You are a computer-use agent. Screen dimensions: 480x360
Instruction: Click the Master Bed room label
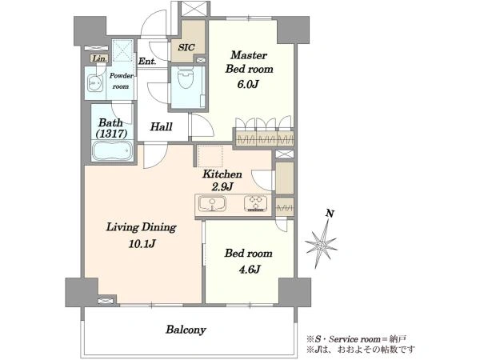click(x=249, y=62)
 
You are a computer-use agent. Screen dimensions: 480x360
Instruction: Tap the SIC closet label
click(x=186, y=47)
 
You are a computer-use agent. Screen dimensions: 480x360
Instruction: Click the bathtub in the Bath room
click(x=113, y=150)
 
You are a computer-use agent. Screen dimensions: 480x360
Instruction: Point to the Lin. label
click(x=100, y=58)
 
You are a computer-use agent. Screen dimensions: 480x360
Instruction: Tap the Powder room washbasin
click(x=94, y=82)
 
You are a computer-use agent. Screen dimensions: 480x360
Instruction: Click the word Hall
click(x=161, y=126)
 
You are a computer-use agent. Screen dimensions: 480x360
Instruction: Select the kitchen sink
click(x=212, y=203)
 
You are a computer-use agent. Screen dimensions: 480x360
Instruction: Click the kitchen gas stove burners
click(x=256, y=203)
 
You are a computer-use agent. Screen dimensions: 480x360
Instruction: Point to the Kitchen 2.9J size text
click(x=222, y=186)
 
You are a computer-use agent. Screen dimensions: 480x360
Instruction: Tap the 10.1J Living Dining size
click(x=142, y=244)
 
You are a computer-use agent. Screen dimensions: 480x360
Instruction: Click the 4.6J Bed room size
click(x=249, y=270)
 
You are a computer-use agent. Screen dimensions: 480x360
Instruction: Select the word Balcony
click(x=186, y=330)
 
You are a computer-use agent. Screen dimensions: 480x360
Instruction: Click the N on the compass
click(x=330, y=214)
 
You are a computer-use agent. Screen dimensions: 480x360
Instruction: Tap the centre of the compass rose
click(x=322, y=246)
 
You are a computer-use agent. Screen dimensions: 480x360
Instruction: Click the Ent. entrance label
click(x=147, y=62)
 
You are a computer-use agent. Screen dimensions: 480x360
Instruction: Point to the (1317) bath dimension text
click(x=111, y=134)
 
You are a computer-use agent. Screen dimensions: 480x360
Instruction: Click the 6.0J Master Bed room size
click(x=248, y=84)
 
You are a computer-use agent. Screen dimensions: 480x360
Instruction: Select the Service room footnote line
click(x=357, y=339)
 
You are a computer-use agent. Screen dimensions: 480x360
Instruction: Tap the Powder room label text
click(x=122, y=81)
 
